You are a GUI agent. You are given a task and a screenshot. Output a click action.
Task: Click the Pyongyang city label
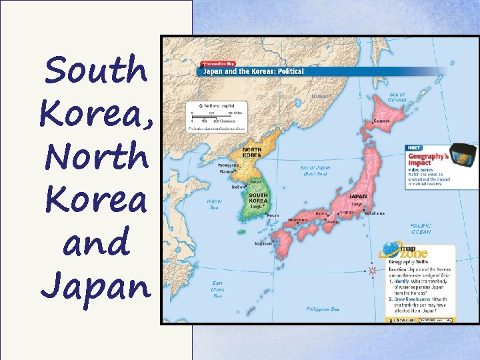point(229,164)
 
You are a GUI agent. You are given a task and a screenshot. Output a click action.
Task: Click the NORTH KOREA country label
point(251,152)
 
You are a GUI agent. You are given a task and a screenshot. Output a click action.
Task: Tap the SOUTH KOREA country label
point(258,198)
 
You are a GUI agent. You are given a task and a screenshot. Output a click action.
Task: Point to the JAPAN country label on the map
point(358,196)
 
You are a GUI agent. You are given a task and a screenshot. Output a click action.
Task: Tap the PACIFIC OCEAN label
point(421,229)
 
